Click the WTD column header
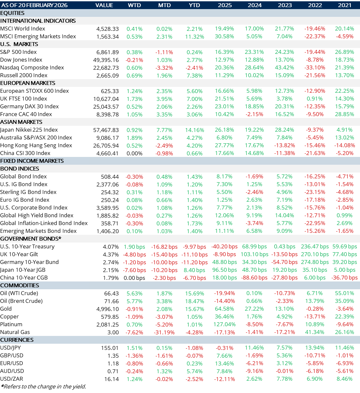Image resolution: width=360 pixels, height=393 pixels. [134, 5]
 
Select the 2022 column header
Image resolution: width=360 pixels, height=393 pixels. [315, 5]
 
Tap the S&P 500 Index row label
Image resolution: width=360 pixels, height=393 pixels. [19, 52]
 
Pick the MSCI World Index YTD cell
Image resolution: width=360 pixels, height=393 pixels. [194, 29]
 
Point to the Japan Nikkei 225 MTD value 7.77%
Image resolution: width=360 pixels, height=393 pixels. [164, 130]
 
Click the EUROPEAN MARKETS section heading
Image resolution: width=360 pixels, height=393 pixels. [28, 83]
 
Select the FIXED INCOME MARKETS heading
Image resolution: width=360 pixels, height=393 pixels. [32, 161]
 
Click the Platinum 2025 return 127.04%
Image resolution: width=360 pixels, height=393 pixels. [225, 325]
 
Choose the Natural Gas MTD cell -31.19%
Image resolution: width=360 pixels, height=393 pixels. [164, 332]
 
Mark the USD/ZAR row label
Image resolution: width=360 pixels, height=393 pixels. [12, 379]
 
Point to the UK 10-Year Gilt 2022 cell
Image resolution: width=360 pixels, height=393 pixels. [315, 255]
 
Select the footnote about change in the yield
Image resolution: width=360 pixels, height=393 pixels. [43, 386]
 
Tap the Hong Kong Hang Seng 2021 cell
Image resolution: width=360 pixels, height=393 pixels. [344, 146]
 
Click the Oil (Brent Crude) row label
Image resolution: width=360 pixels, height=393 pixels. [21, 301]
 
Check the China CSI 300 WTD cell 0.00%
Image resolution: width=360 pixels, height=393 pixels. [134, 153]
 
